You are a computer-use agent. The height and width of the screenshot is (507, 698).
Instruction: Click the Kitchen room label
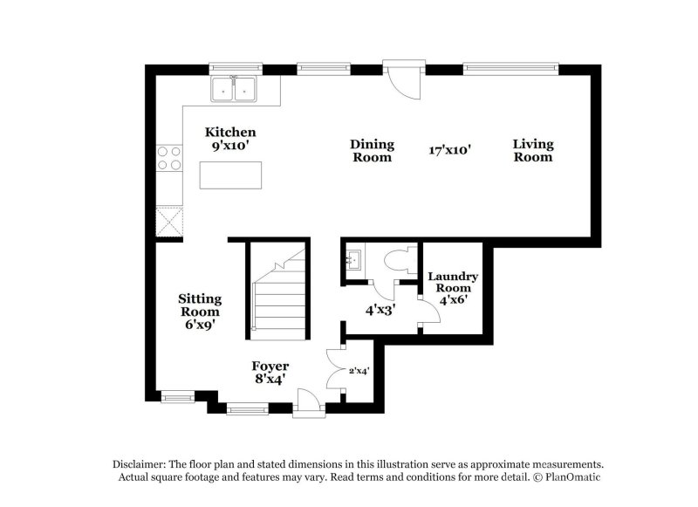click(230, 139)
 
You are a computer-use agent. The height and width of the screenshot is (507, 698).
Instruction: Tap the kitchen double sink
click(234, 89)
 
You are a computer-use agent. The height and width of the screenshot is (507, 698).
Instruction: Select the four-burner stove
click(168, 157)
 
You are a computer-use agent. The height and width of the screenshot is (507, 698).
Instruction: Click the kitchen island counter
click(230, 175)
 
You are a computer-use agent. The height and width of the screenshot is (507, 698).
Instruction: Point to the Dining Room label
click(372, 151)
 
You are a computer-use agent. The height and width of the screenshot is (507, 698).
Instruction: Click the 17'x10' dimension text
click(450, 150)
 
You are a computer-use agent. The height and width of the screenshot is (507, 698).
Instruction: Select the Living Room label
click(532, 151)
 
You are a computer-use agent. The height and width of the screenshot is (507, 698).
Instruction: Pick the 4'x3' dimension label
click(380, 308)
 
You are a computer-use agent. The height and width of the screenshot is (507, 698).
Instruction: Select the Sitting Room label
click(200, 311)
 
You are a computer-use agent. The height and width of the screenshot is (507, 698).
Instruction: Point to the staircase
click(280, 297)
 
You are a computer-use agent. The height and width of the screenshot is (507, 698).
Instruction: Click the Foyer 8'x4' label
click(270, 372)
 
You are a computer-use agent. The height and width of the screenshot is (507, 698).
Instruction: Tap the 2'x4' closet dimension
click(359, 371)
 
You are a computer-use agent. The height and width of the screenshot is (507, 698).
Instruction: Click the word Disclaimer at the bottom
click(140, 464)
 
